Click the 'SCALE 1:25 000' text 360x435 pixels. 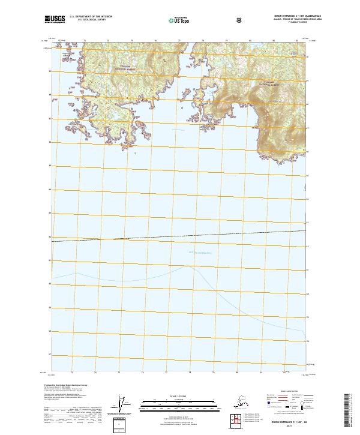point(179,395)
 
